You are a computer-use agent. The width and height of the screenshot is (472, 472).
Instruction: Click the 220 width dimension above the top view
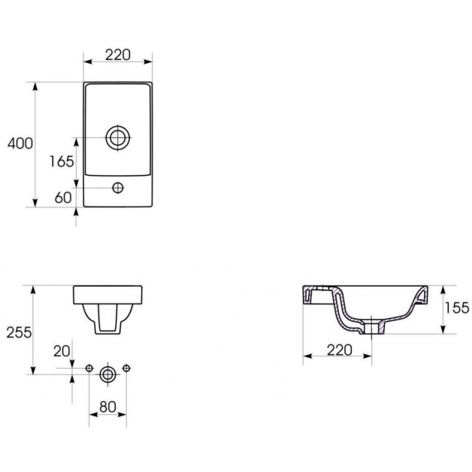tap(117, 54)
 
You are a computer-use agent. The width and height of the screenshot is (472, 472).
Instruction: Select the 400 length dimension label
tap(20, 144)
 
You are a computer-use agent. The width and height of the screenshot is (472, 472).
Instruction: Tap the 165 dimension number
tap(61, 162)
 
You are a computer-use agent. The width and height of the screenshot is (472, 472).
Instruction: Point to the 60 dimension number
tap(63, 197)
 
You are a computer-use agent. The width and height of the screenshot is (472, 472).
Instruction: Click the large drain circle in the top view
tap(117, 137)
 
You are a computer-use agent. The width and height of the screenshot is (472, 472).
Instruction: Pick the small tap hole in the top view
tap(117, 188)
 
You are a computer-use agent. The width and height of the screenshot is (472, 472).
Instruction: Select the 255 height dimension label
tap(18, 332)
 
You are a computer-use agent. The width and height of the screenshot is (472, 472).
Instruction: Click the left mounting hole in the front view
tap(89, 369)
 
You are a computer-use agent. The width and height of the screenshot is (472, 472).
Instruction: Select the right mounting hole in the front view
tap(126, 369)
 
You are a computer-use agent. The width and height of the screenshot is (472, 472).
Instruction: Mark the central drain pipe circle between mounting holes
tap(107, 374)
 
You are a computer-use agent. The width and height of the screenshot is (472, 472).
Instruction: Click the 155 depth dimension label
tap(456, 308)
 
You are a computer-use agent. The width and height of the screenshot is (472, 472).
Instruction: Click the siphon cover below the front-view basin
tap(107, 318)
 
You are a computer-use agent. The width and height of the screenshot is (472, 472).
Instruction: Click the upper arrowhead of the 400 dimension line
tap(35, 86)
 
